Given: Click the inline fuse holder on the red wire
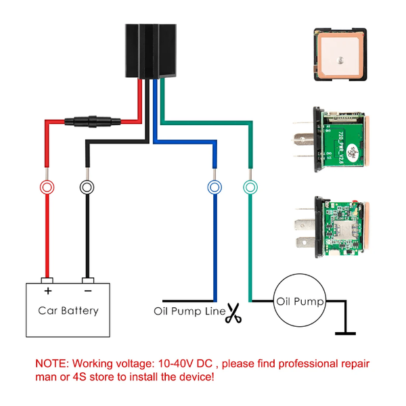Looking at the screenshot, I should [89, 123].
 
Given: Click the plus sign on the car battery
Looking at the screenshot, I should [48, 292].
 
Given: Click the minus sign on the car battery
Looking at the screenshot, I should [87, 292].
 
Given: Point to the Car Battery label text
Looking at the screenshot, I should [68, 311].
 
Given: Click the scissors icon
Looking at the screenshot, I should [233, 313].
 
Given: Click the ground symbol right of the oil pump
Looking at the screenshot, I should [346, 332].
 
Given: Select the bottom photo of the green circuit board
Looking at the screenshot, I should [335, 229].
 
